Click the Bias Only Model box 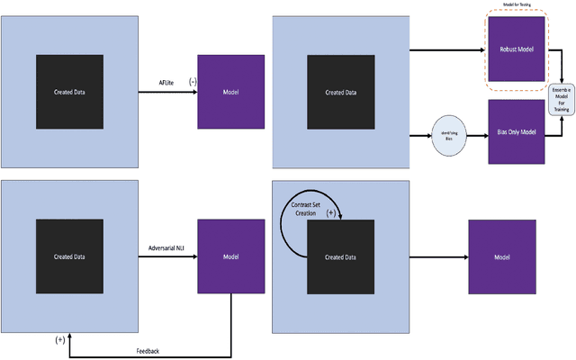tap(517, 131)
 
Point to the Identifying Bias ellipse tap(448, 136)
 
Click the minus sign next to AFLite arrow tap(192, 82)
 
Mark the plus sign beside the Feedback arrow tap(59, 339)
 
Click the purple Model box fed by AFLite tap(230, 92)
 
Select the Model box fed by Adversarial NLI tap(230, 257)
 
